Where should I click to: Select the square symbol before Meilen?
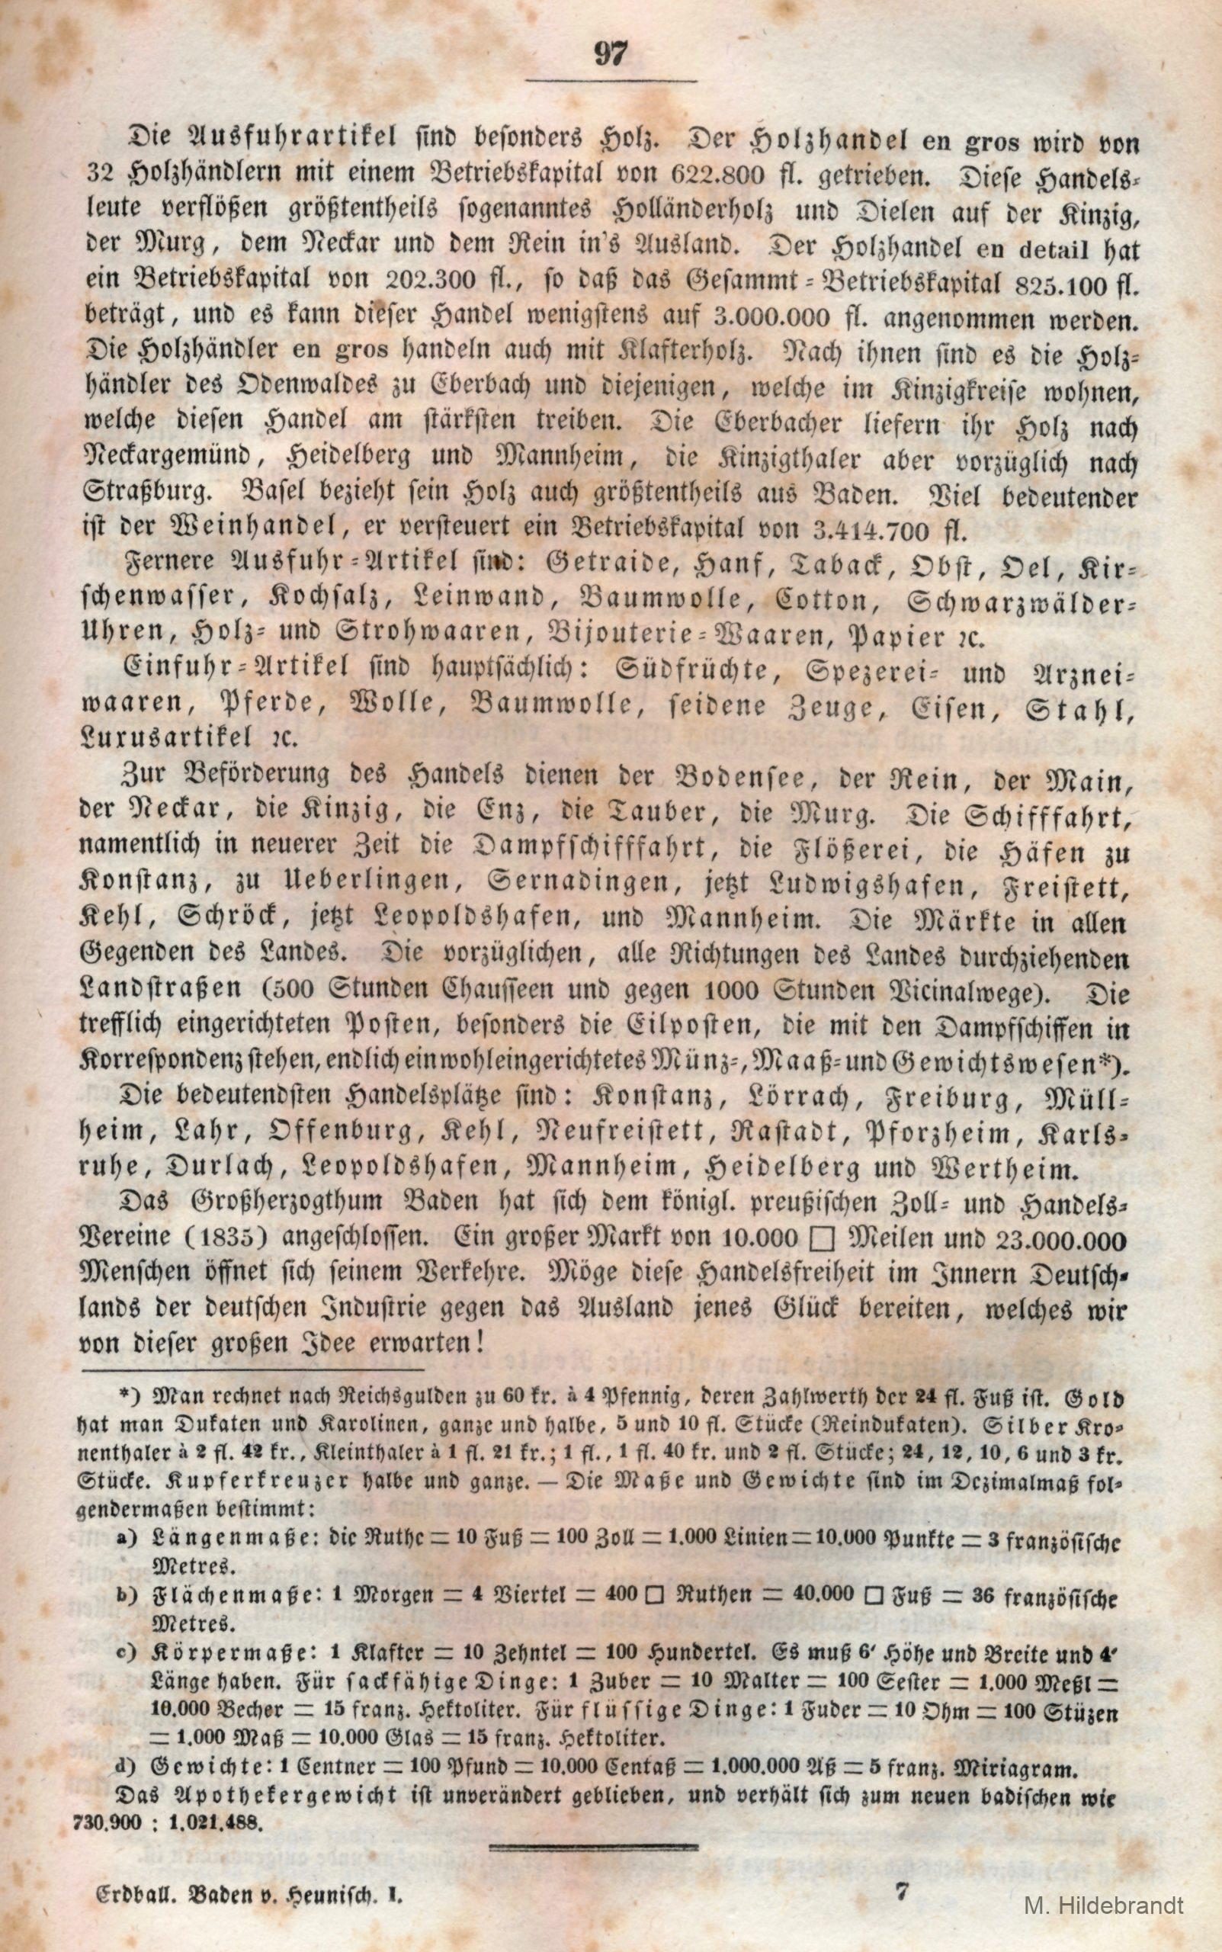[819, 1238]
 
